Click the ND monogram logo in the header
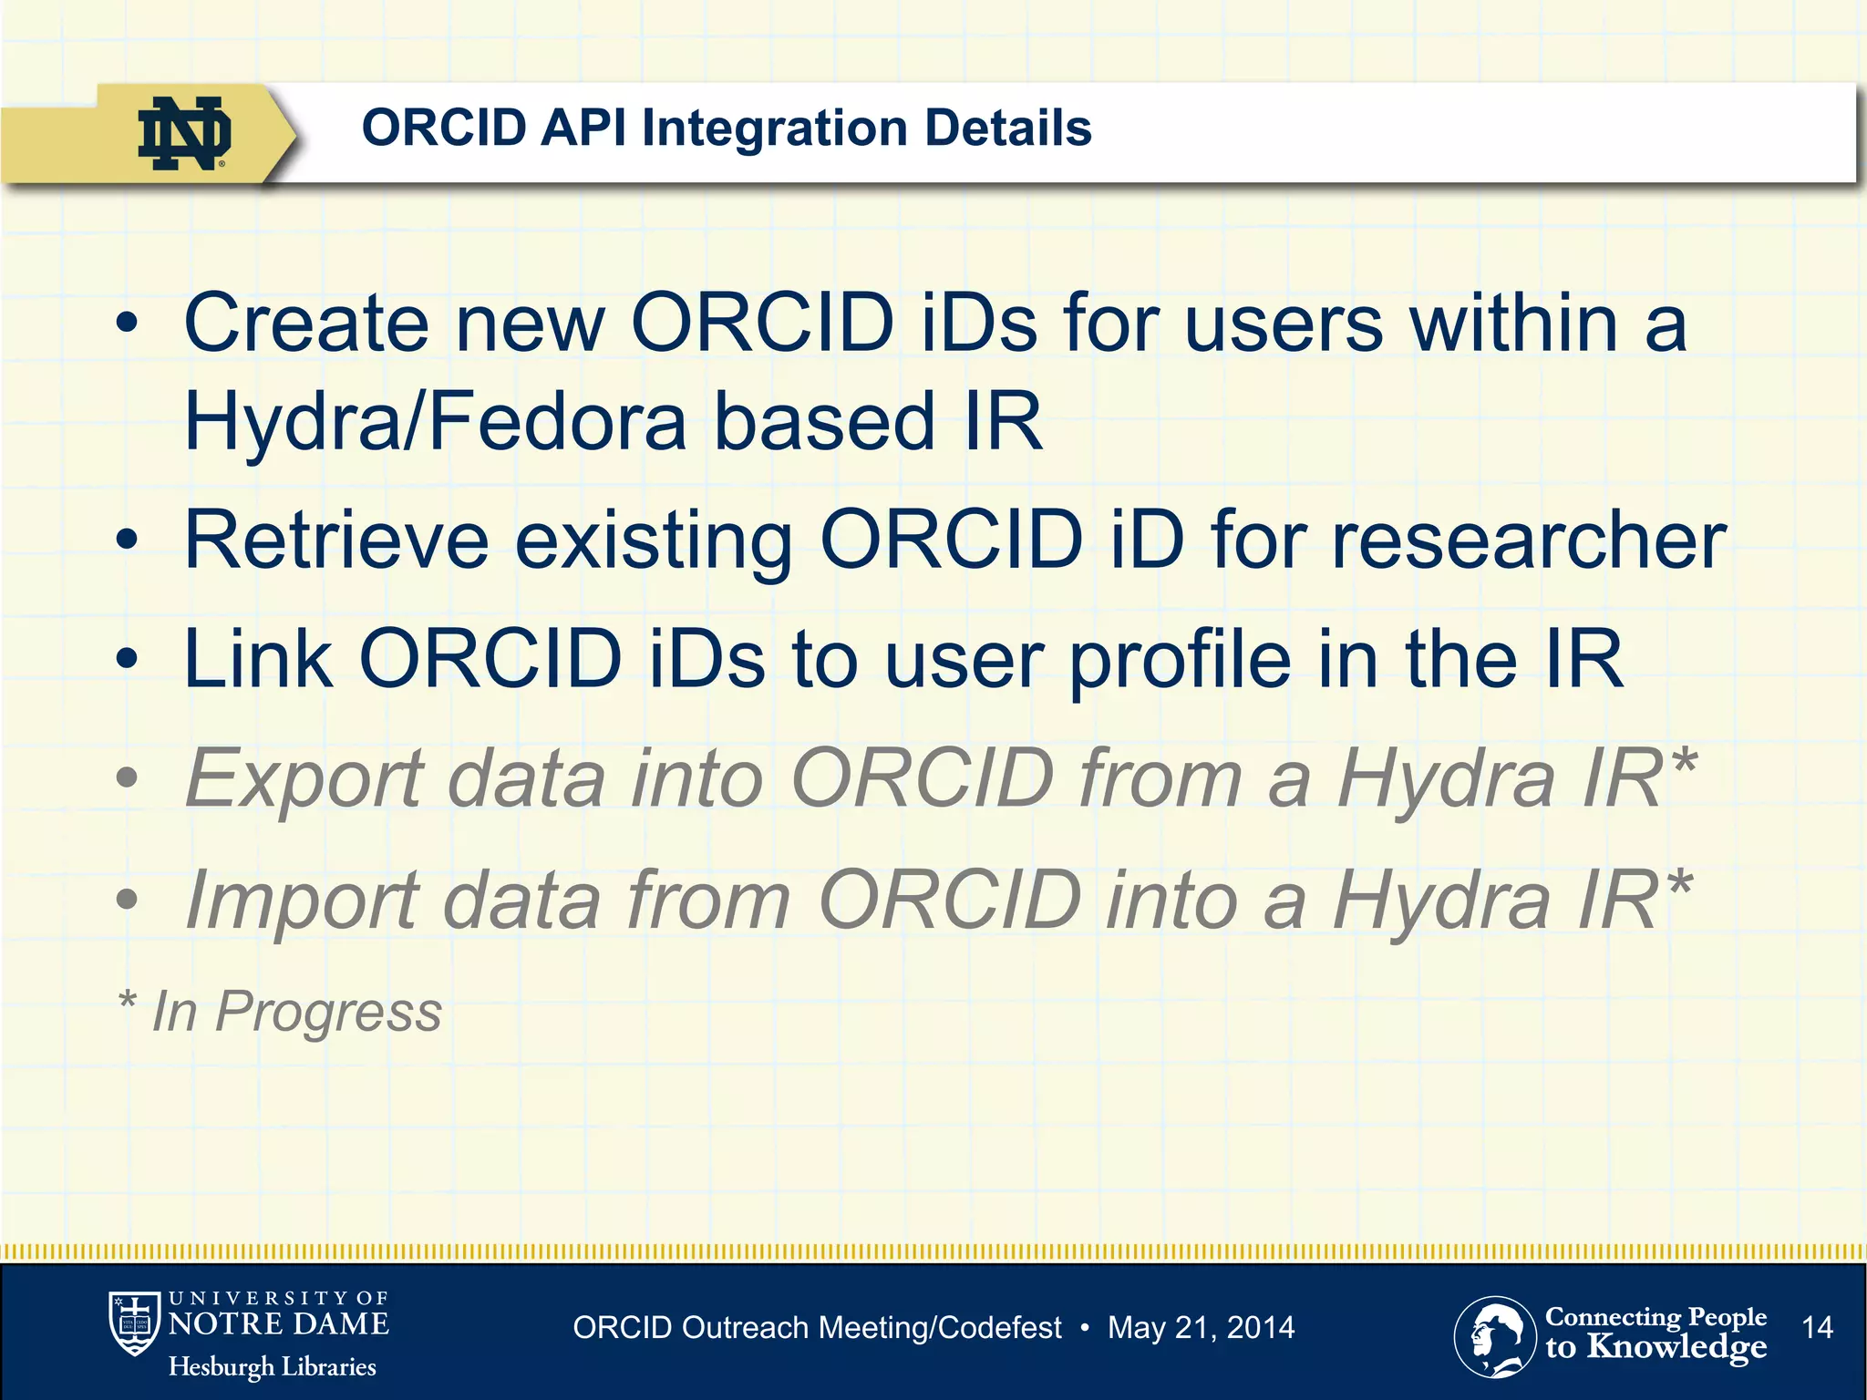[x=183, y=133]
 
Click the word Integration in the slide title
[x=774, y=128]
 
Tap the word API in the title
[x=583, y=128]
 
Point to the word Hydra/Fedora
[x=435, y=422]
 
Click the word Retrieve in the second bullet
[x=336, y=540]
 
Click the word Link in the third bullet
[x=258, y=659]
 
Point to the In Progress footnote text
[x=295, y=1011]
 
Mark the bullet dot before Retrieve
[x=128, y=540]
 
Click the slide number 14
[x=1817, y=1327]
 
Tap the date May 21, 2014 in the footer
[x=1201, y=1328]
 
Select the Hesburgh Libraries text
[x=272, y=1367]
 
